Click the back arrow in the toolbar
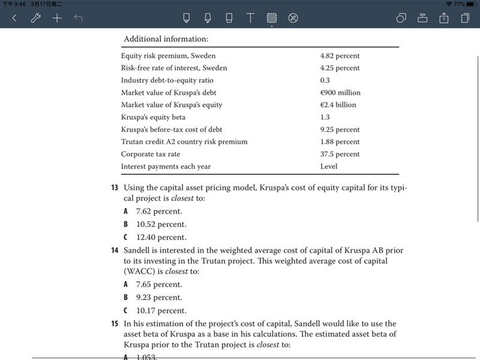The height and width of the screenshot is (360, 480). click(14, 18)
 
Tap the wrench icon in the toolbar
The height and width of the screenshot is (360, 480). click(35, 18)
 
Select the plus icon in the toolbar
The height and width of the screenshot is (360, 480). click(57, 18)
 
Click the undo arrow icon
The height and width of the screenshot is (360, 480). click(78, 18)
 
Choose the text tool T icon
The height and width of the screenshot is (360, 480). click(250, 18)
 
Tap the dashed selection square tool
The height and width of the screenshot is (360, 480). click(272, 18)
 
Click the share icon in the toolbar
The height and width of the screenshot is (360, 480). click(444, 18)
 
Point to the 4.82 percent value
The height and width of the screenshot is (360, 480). click(340, 56)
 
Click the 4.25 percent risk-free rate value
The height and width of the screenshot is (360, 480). click(340, 68)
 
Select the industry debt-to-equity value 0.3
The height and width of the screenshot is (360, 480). click(325, 80)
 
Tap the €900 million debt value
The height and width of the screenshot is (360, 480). click(340, 92)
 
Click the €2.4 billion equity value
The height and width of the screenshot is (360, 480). click(338, 105)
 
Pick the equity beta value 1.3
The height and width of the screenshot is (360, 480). click(325, 117)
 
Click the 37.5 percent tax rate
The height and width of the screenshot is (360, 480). click(340, 154)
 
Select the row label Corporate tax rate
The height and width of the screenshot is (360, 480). click(150, 154)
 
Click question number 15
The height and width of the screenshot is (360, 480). click(115, 323)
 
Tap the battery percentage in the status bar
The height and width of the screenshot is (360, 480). click(459, 4)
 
